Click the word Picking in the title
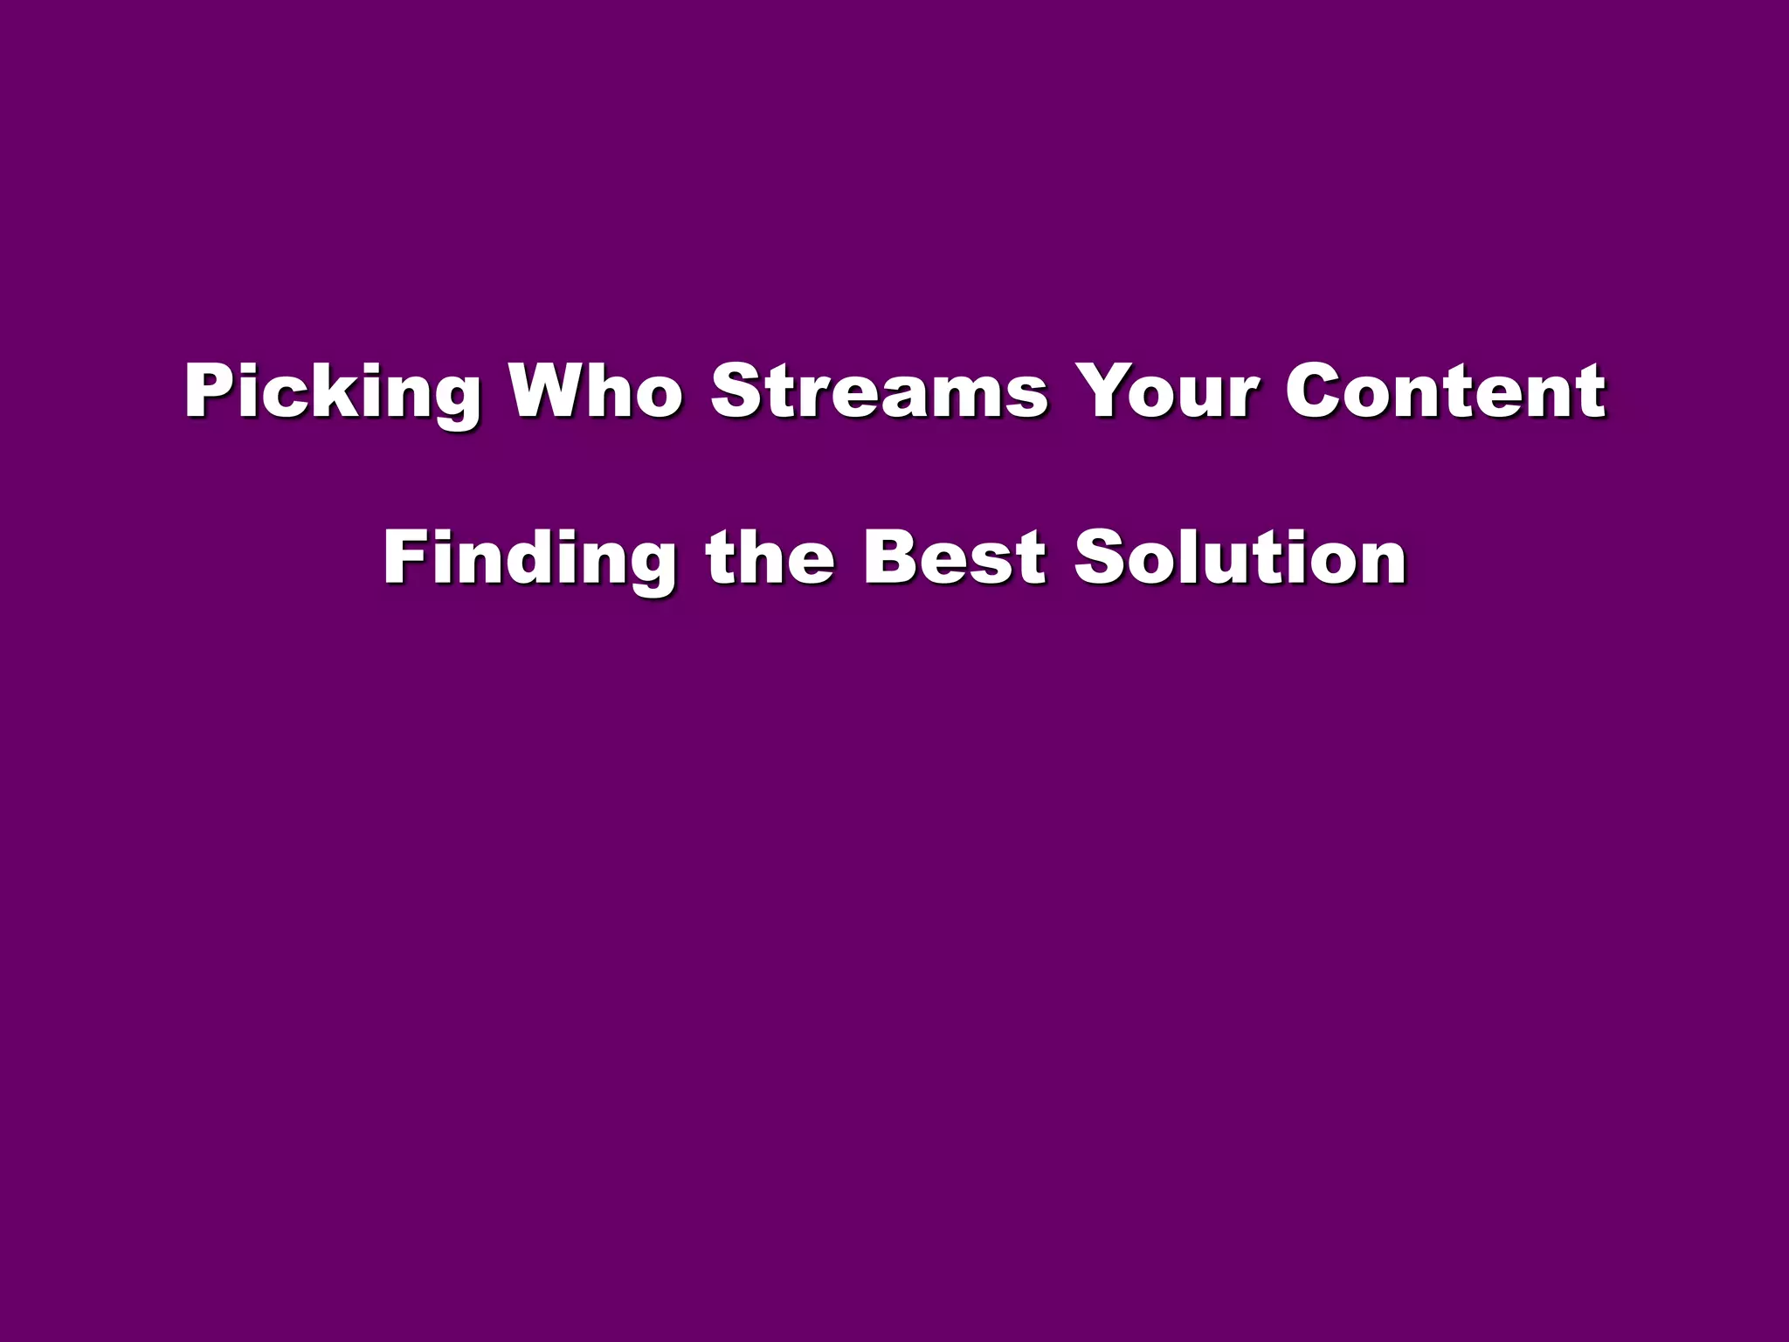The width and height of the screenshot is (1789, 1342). coord(332,393)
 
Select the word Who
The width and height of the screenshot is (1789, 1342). coord(596,390)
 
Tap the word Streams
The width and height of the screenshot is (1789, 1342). coord(879,390)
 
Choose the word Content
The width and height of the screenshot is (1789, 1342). coord(1445,390)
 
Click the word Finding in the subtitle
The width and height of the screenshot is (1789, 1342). coord(529,559)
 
